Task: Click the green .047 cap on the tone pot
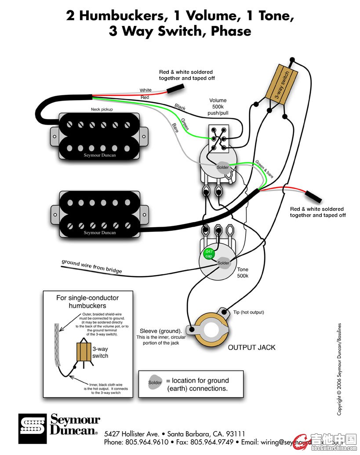[207, 253]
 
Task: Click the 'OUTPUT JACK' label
[251, 347]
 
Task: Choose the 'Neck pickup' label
[100, 109]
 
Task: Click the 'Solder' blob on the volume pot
[222, 167]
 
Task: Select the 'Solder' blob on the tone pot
[223, 263]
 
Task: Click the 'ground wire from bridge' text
[92, 266]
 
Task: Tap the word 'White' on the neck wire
[145, 90]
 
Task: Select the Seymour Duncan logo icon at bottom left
[33, 428]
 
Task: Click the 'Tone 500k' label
[243, 273]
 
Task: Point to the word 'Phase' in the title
[231, 31]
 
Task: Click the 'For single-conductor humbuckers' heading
[81, 301]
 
